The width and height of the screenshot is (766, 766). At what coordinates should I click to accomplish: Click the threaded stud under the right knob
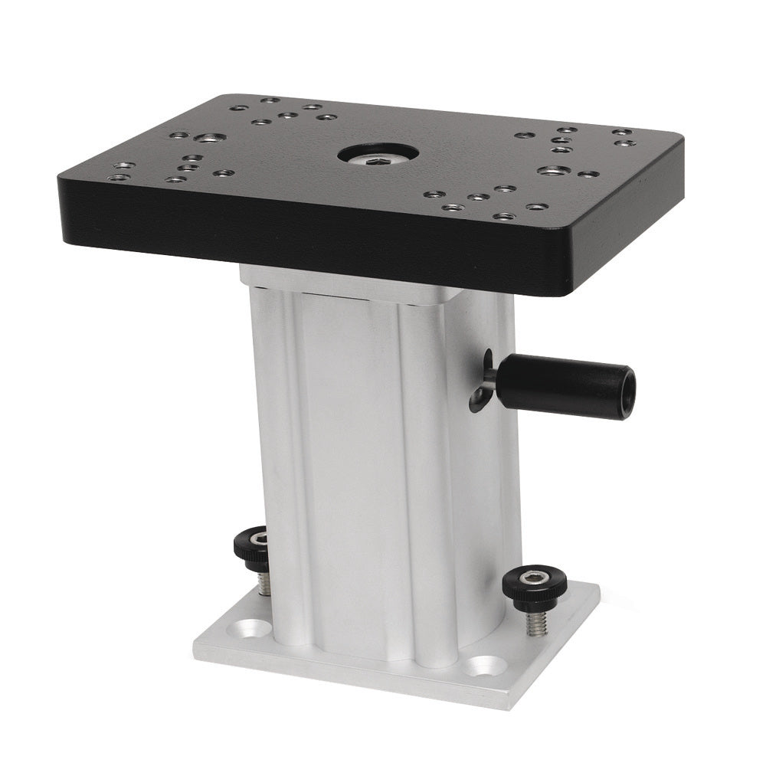pos(536,621)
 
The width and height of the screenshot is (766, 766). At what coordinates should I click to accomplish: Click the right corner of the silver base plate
pos(600,589)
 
